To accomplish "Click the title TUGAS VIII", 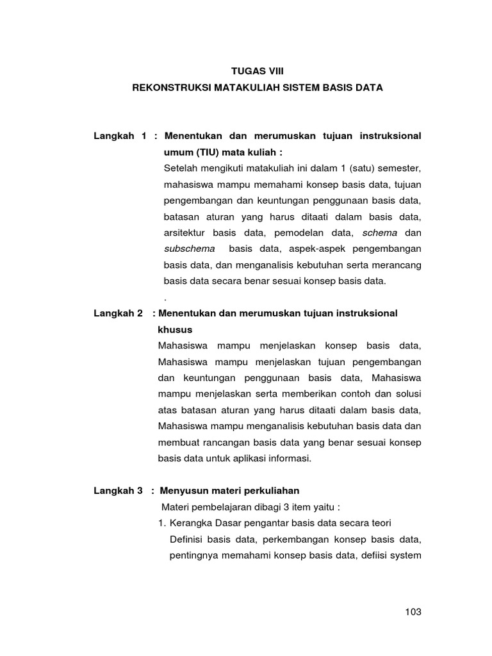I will (x=256, y=72).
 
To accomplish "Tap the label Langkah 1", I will (x=120, y=136).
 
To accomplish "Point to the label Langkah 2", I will (x=118, y=313).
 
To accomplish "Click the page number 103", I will (x=413, y=612).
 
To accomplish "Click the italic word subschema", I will (x=189, y=248).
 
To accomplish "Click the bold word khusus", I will (x=174, y=329).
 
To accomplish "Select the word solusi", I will (x=407, y=393).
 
